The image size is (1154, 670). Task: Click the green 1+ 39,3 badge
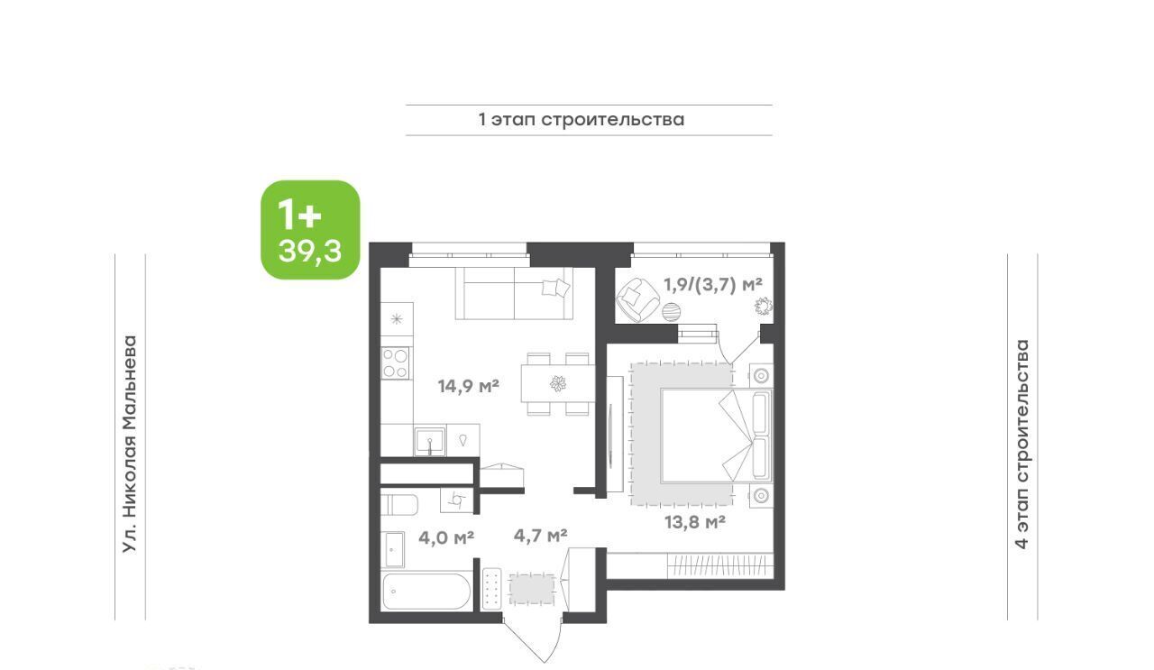point(310,230)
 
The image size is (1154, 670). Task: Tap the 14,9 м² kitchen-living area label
point(468,386)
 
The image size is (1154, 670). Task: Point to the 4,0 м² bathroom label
point(446,537)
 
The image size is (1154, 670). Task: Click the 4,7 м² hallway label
point(540,536)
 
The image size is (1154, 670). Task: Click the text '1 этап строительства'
point(582,120)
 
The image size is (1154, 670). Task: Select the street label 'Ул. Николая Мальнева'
point(130,445)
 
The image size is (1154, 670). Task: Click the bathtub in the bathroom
point(426,592)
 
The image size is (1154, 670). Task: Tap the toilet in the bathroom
point(398,505)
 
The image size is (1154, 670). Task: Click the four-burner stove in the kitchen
point(396,363)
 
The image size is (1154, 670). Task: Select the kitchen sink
point(430,441)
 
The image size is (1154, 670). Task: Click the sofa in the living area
point(514,293)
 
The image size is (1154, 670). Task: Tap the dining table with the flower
point(558,384)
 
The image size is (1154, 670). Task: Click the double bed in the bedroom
point(716,436)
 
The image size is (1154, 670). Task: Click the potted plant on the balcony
point(764,307)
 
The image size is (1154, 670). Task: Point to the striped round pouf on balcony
point(672,312)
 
